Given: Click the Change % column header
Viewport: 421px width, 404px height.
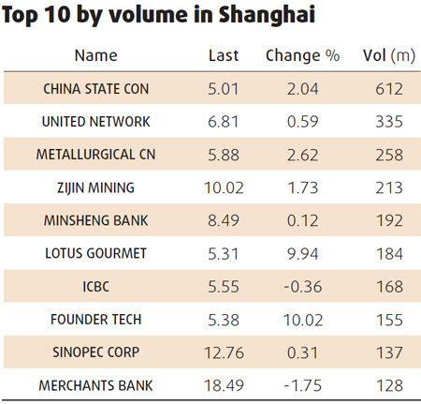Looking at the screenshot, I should click(x=302, y=55).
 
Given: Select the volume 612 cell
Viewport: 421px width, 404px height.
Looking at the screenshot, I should click(x=388, y=90).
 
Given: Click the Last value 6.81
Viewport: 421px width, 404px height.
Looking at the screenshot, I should click(x=225, y=122).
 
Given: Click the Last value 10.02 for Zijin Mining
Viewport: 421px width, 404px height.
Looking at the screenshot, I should click(x=225, y=187).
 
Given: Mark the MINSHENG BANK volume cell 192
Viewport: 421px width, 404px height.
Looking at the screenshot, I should click(x=388, y=220).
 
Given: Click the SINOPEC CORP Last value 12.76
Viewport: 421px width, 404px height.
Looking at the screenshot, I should click(x=225, y=352).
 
